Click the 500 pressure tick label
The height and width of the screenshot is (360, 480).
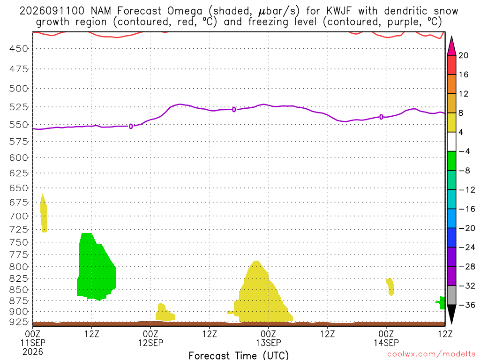[19, 89]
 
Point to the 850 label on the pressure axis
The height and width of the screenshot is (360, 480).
[19, 290]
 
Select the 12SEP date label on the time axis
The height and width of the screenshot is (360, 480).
[150, 343]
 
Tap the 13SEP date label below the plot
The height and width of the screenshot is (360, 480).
[269, 343]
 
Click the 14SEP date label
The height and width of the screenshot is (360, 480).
[386, 343]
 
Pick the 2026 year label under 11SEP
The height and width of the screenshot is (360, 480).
[33, 352]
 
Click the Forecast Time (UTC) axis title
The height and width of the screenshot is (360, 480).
[239, 355]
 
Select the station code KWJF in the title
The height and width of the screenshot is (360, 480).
[339, 11]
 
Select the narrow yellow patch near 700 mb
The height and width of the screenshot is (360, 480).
[44, 213]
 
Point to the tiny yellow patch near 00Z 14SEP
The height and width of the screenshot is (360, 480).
[390, 286]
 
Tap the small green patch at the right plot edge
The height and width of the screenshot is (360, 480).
[441, 303]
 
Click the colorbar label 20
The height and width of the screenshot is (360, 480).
[464, 55]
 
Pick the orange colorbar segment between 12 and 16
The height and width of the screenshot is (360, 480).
[451, 84]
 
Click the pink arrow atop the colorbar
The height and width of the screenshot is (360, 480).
[451, 46]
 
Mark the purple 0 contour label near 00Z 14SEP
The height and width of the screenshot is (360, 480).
[381, 117]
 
